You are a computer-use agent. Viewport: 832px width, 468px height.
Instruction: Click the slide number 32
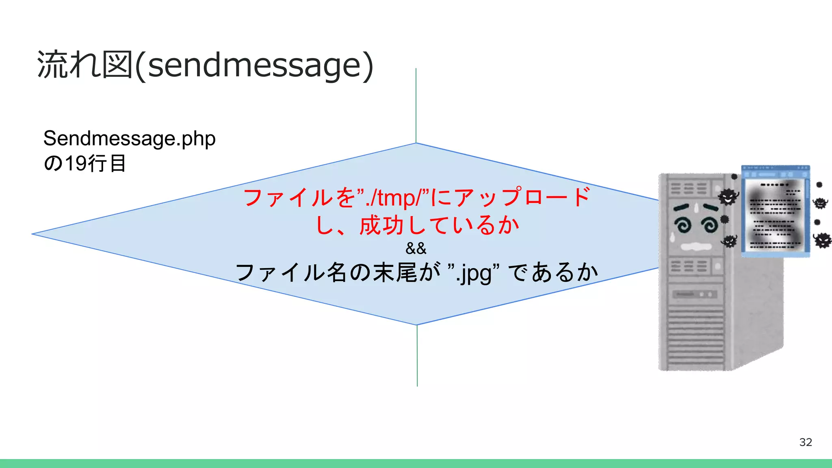(x=805, y=442)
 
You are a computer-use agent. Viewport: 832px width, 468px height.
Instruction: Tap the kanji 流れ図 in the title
(x=84, y=65)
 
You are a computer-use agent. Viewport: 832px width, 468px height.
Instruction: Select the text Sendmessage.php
(x=129, y=139)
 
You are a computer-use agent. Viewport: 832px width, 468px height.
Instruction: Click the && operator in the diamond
(x=416, y=248)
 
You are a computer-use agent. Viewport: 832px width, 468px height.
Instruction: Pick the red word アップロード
(x=522, y=197)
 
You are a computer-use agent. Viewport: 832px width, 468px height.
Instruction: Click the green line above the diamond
(x=416, y=106)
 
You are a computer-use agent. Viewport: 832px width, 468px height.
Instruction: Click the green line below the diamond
(x=417, y=355)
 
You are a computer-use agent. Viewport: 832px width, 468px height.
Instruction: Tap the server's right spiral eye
(x=709, y=224)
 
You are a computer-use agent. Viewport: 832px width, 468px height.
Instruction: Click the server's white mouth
(x=695, y=246)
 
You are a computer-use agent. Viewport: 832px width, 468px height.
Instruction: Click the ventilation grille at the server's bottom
(x=695, y=337)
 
